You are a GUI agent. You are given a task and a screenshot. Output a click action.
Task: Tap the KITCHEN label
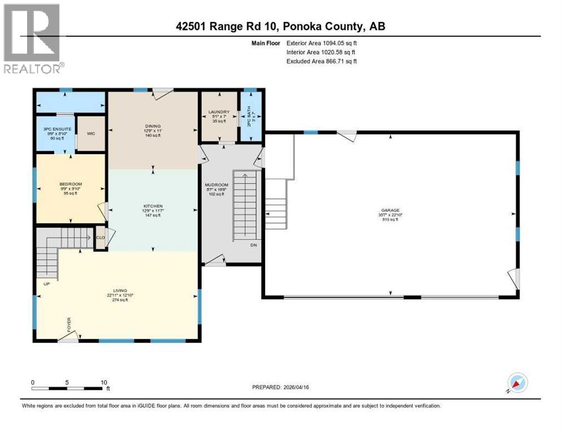click(153, 206)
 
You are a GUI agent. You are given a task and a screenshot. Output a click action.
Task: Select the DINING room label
click(153, 125)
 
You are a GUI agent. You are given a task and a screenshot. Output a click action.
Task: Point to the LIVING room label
click(119, 289)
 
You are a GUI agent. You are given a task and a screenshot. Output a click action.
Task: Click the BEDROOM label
click(71, 184)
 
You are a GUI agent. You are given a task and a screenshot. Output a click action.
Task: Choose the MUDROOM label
click(216, 185)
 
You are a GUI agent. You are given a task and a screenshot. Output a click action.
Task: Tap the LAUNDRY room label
click(218, 111)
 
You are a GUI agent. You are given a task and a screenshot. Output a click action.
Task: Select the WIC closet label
click(91, 134)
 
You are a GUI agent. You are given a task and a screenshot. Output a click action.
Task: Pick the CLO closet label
click(102, 237)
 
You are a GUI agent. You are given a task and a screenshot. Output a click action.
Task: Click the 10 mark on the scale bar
click(104, 382)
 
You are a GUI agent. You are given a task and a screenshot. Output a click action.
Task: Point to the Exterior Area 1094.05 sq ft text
click(322, 42)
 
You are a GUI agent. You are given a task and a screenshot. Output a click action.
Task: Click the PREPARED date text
click(280, 387)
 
